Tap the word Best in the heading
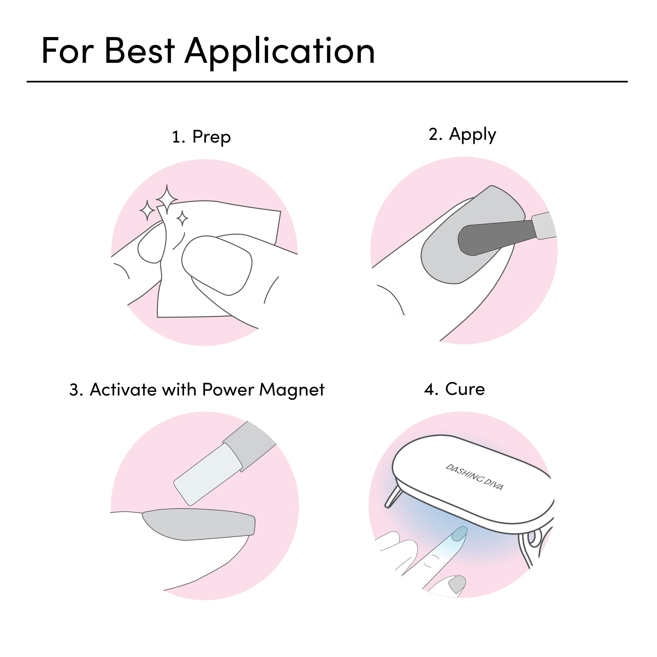(140, 50)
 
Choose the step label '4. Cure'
(454, 389)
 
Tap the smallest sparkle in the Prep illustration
(182, 218)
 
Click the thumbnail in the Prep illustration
(217, 265)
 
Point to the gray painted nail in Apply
(473, 235)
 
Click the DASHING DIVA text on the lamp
(474, 477)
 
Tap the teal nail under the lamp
(460, 533)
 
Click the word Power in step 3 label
(228, 390)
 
